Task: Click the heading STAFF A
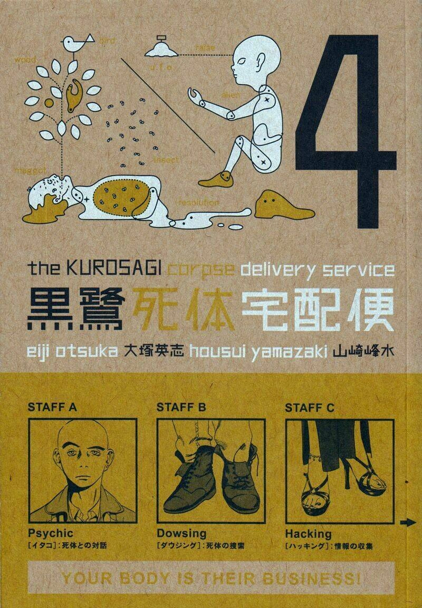point(52,407)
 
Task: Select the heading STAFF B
point(180,407)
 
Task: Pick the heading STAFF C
point(309,407)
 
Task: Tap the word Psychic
point(50,533)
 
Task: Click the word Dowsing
point(181,533)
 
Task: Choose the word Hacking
point(308,533)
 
